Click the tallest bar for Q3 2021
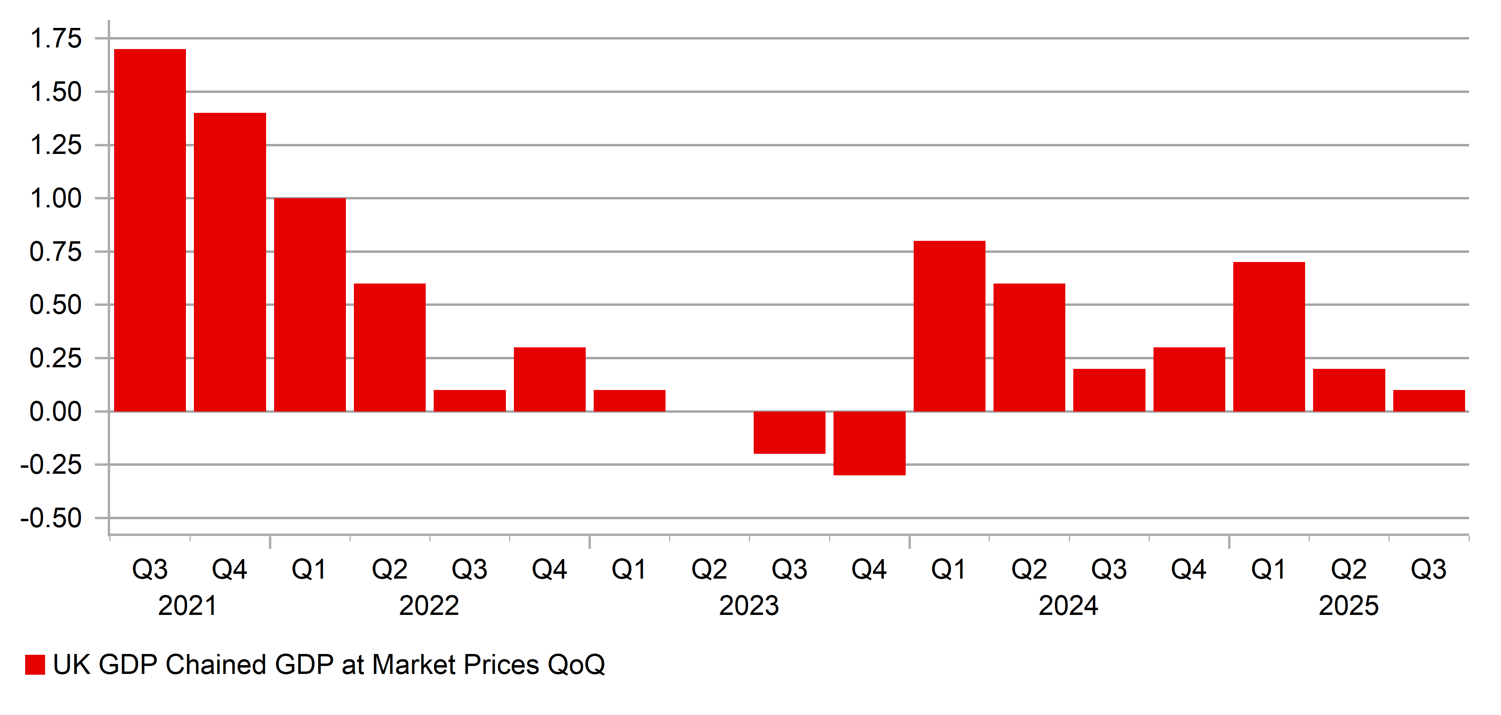(150, 230)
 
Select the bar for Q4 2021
(229, 262)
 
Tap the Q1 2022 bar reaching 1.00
(309, 305)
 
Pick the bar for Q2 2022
(389, 348)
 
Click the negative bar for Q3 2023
(789, 432)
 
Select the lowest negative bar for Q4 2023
(869, 443)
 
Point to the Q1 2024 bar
(949, 326)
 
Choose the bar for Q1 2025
(1268, 337)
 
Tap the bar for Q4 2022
(549, 379)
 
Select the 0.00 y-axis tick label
(56, 412)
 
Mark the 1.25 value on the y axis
(56, 145)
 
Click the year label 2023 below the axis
(749, 606)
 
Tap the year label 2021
(187, 606)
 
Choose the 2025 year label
(1348, 606)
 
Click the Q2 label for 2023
(709, 569)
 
